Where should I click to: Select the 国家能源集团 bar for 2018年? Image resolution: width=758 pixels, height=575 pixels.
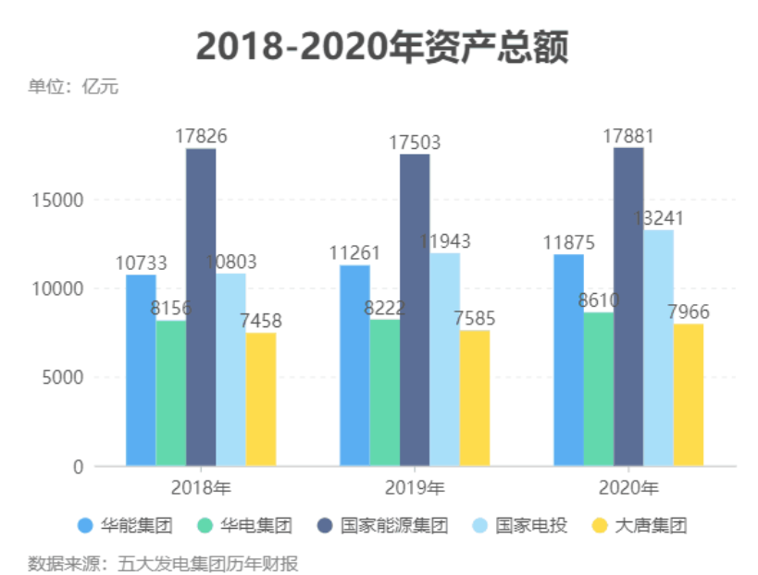coord(201,305)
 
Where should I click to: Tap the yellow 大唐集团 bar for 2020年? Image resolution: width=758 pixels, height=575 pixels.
coord(688,395)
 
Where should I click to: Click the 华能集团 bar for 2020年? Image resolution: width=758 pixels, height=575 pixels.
coord(568,361)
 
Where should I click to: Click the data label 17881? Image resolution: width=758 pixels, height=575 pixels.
coord(628,136)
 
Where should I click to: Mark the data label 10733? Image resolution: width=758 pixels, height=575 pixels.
coord(142,263)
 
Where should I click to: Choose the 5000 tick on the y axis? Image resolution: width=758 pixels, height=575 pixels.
coord(65,377)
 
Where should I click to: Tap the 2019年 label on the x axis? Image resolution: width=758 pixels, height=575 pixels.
coord(415,487)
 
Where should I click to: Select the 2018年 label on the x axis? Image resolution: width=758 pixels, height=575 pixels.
coord(201,487)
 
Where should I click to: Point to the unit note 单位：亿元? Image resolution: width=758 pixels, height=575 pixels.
coord(73,87)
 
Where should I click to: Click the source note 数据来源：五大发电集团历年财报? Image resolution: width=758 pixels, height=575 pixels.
coord(163,562)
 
